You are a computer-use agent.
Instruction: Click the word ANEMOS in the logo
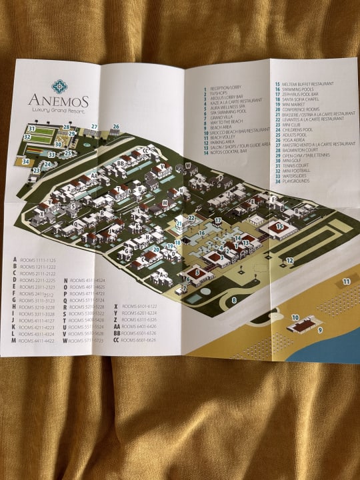coord(58,100)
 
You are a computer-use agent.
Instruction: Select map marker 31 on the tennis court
coord(31,128)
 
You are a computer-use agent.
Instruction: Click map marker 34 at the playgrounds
coord(26,161)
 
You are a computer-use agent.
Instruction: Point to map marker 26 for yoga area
coord(115,127)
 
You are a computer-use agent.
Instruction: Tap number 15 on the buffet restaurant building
coord(280,226)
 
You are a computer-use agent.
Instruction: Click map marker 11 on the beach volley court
coord(346,281)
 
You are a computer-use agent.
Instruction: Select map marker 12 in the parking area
coord(289,260)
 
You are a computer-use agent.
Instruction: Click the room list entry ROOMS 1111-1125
coord(37,260)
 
